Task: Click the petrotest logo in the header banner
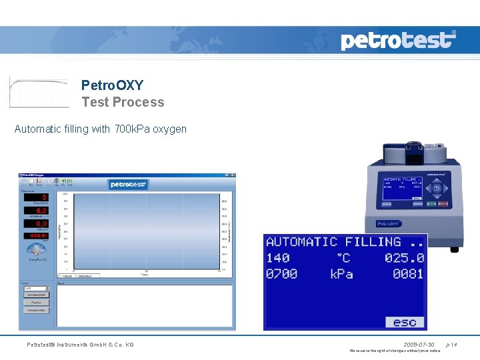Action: (x=398, y=40)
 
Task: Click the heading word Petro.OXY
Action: (x=112, y=85)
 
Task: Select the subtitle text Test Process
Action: (x=123, y=102)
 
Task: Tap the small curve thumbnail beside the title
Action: (x=39, y=92)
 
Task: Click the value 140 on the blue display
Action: (x=277, y=258)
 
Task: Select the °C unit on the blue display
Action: (x=342, y=258)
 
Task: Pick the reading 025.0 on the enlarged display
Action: (x=404, y=258)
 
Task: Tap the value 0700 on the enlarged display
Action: (x=281, y=274)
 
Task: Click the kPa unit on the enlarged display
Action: (x=341, y=274)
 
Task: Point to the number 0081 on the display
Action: (x=407, y=274)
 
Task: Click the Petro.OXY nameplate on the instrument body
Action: (x=389, y=224)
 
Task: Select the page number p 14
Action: (x=451, y=345)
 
